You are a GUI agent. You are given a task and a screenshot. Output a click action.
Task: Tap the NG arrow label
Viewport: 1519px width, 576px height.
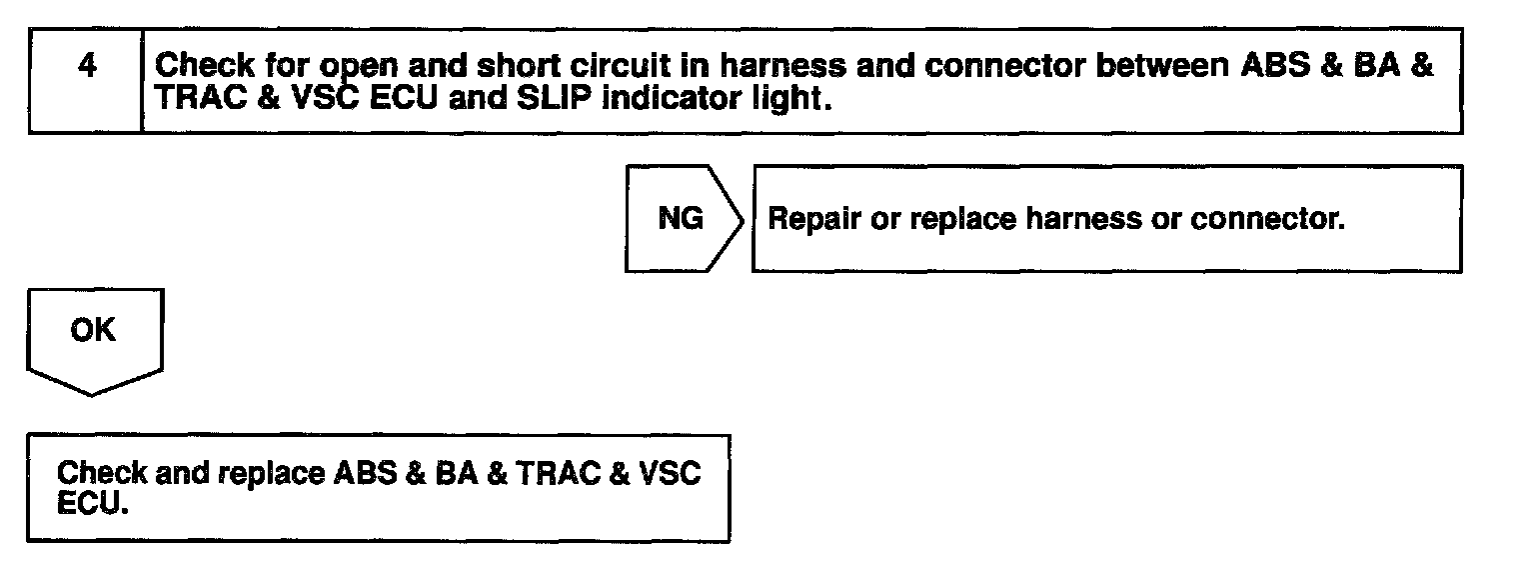tap(681, 219)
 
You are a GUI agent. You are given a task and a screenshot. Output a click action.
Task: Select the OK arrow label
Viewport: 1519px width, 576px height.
tap(93, 331)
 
